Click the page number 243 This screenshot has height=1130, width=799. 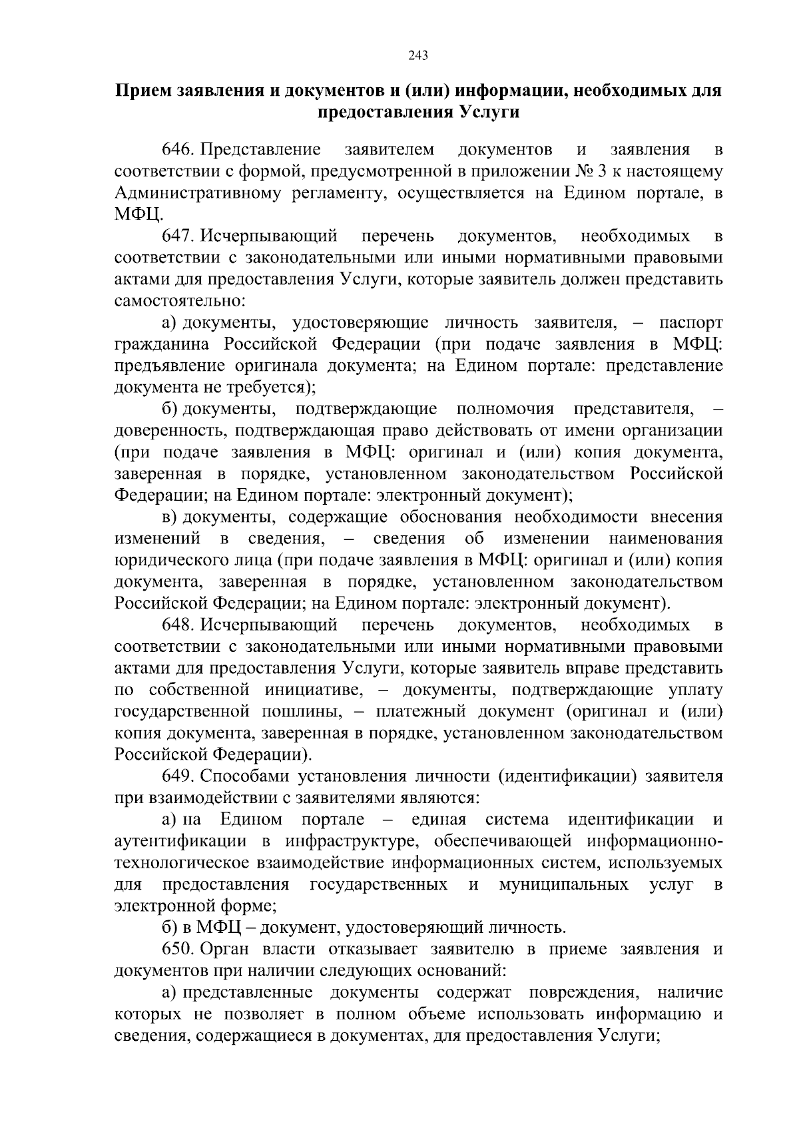(417, 55)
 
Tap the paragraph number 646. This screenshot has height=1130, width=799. (178, 150)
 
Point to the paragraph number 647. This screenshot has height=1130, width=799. (178, 236)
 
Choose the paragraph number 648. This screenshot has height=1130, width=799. (178, 625)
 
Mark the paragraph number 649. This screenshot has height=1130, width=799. (178, 776)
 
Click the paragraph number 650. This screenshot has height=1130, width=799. (178, 949)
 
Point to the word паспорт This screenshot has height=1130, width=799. (690, 323)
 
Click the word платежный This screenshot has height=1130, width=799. (418, 712)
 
